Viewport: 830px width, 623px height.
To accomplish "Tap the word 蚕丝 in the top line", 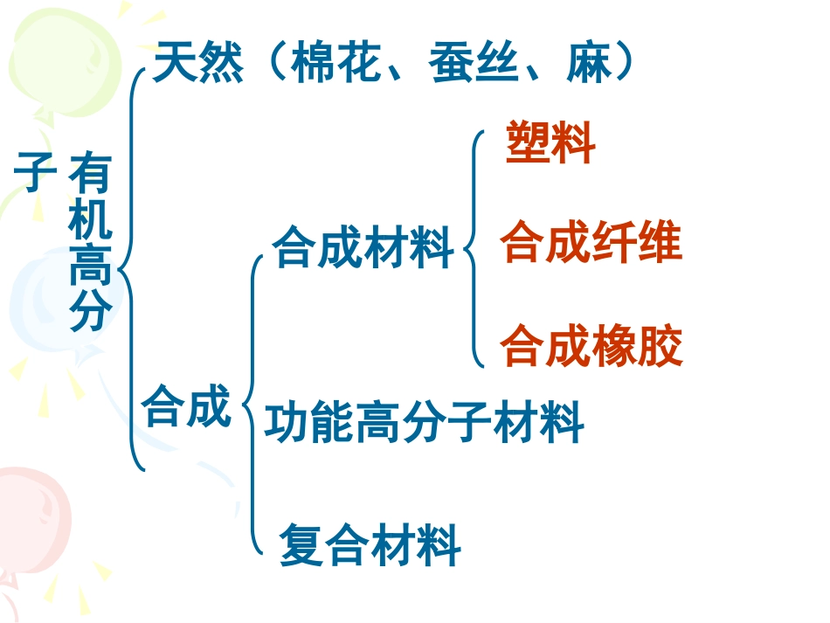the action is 474,62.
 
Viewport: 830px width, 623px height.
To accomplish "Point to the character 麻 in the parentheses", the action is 589,62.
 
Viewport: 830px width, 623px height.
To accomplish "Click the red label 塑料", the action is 550,142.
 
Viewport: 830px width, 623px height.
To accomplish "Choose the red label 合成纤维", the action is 591,241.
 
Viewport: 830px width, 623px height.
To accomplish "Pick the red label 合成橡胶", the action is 591,345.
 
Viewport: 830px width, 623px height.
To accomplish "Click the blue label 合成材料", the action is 363,246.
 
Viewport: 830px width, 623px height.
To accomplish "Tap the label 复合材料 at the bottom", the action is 370,544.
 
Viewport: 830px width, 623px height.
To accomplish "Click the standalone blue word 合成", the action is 186,405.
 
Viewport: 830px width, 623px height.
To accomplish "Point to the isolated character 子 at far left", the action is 35,171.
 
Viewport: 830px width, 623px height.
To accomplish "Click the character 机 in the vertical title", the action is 90,218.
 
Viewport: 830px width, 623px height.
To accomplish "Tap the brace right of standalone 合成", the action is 252,405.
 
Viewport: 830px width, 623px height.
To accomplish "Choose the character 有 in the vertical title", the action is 90,172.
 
